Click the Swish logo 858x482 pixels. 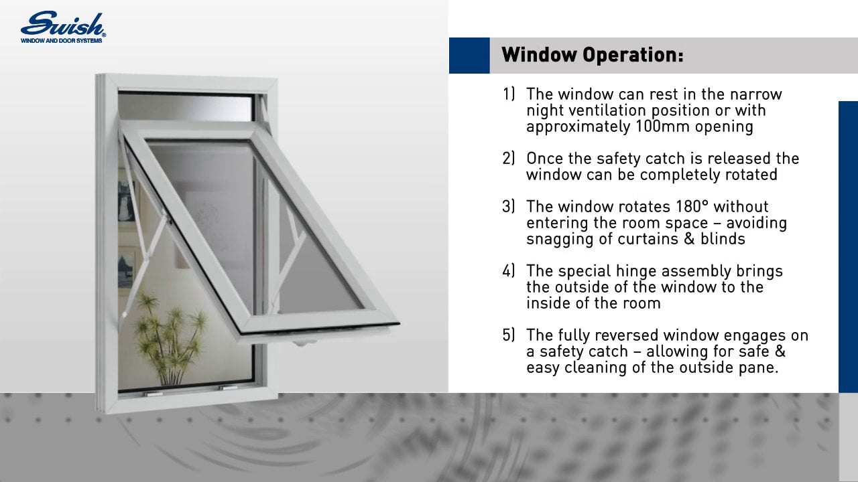(63, 25)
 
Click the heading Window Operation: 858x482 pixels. (593, 55)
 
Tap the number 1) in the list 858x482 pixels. (509, 94)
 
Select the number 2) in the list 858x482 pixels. (509, 159)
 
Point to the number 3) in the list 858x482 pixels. (509, 206)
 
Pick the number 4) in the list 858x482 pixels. (509, 271)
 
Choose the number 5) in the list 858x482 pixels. (509, 335)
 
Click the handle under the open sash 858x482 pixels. (305, 343)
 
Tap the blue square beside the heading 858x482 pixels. (469, 55)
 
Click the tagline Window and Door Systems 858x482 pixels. (62, 40)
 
